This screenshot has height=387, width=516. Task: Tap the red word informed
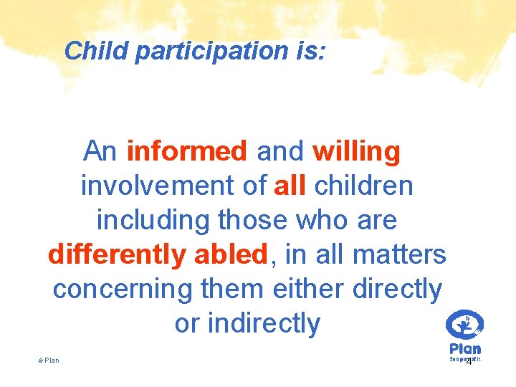click(186, 151)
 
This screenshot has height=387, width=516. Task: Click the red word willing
click(356, 151)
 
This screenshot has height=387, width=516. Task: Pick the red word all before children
click(290, 186)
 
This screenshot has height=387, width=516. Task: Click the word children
click(363, 186)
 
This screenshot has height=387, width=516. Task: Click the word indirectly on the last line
click(264, 323)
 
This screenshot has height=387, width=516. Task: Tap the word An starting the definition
click(100, 151)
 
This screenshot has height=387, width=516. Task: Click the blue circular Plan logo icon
click(464, 325)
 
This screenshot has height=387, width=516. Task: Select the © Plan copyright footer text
click(48, 360)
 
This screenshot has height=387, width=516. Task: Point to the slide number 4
click(469, 362)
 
